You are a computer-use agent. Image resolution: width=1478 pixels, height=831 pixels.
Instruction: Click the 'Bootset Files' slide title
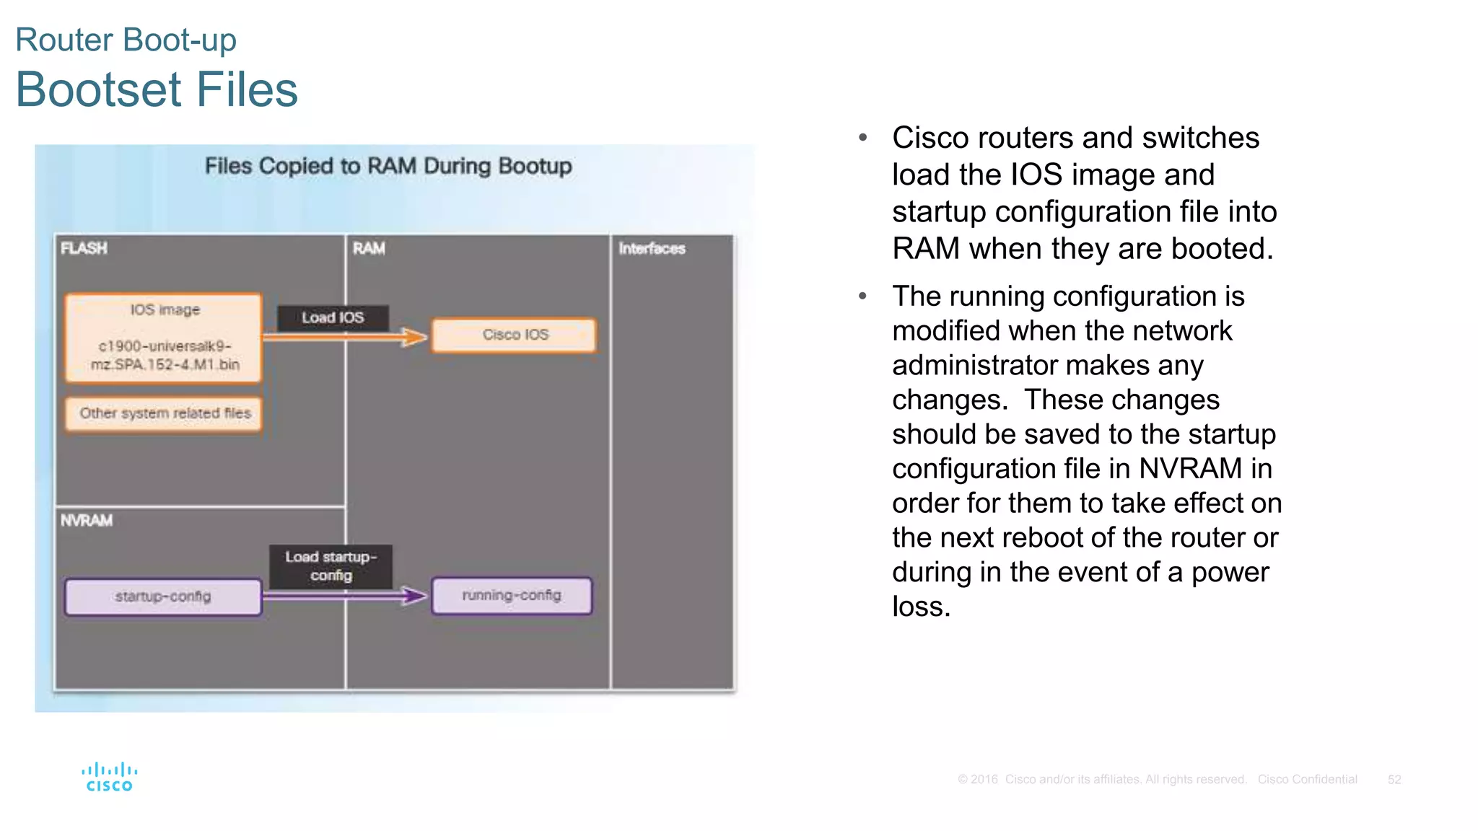pyautogui.click(x=157, y=89)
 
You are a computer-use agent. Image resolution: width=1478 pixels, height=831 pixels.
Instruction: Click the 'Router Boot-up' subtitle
pyautogui.click(x=126, y=40)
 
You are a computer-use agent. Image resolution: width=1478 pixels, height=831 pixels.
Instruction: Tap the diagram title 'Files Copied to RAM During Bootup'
pyautogui.click(x=388, y=166)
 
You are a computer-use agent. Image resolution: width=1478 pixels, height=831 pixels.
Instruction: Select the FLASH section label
pyautogui.click(x=84, y=248)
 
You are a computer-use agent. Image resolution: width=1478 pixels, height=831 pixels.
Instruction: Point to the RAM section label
pyautogui.click(x=369, y=248)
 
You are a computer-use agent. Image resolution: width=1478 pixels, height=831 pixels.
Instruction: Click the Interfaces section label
pyautogui.click(x=652, y=248)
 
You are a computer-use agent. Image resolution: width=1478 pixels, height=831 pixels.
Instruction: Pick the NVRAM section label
pyautogui.click(x=87, y=520)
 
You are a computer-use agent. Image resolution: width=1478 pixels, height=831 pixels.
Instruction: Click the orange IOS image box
pyautogui.click(x=163, y=337)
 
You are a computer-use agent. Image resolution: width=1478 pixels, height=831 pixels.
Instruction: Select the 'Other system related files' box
pyautogui.click(x=165, y=413)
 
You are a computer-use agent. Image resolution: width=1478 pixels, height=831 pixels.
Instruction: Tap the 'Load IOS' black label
pyautogui.click(x=333, y=317)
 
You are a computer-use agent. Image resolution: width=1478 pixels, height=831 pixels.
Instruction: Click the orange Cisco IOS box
pyautogui.click(x=515, y=335)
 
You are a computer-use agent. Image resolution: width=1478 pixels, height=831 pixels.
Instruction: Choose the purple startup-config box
pyautogui.click(x=163, y=597)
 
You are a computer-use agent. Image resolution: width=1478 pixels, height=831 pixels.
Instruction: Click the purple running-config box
pyautogui.click(x=512, y=595)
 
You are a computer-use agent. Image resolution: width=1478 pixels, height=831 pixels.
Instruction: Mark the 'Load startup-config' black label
pyautogui.click(x=331, y=566)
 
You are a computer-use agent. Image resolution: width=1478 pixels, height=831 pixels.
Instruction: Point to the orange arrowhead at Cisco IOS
pyautogui.click(x=416, y=337)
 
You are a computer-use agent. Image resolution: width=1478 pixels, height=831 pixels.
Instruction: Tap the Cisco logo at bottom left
pyautogui.click(x=109, y=777)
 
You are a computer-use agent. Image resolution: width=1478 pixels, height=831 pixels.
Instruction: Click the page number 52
pyautogui.click(x=1394, y=779)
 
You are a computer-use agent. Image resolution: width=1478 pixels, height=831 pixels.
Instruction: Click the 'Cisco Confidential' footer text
pyautogui.click(x=1307, y=779)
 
